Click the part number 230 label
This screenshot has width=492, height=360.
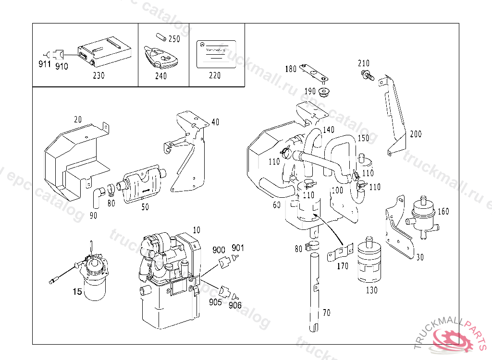point(98,75)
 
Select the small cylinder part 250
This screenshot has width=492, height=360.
point(160,36)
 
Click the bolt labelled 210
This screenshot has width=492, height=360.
point(367,74)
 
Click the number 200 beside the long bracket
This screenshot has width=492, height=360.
point(416,134)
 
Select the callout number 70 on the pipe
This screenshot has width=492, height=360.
point(327,313)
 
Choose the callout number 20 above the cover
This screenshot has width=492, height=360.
point(78,119)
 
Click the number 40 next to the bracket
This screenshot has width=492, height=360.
point(215,122)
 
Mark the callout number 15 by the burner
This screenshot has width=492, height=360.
point(77,291)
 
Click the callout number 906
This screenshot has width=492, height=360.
point(235,305)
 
